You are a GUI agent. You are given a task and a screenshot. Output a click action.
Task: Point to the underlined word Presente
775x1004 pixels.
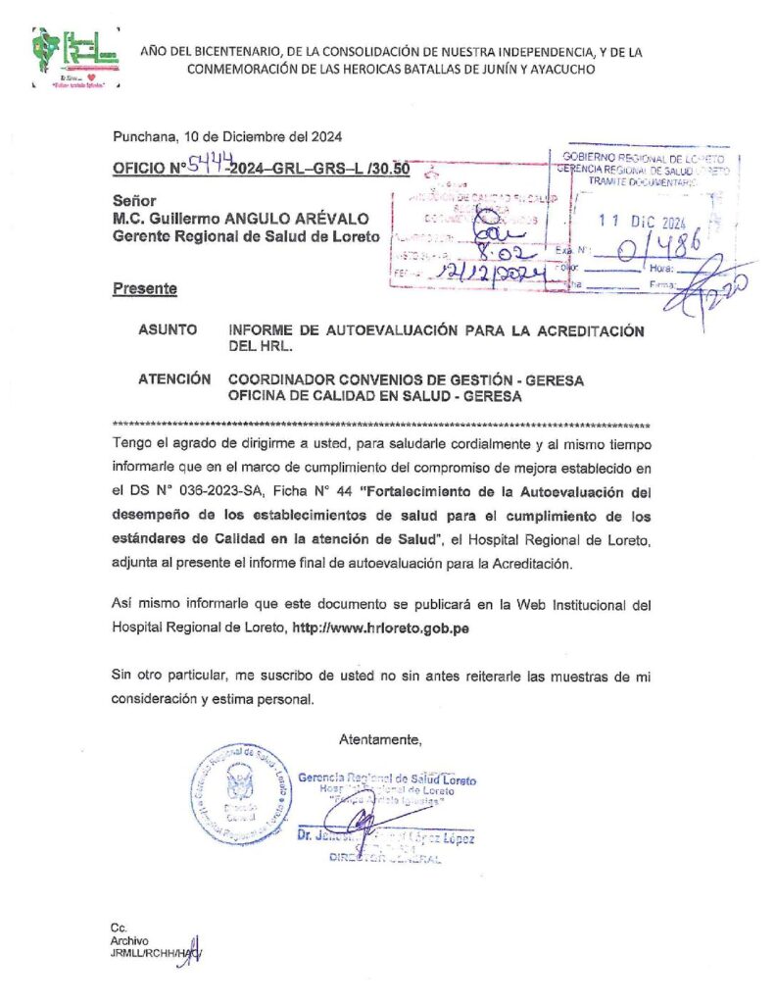point(145,289)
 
